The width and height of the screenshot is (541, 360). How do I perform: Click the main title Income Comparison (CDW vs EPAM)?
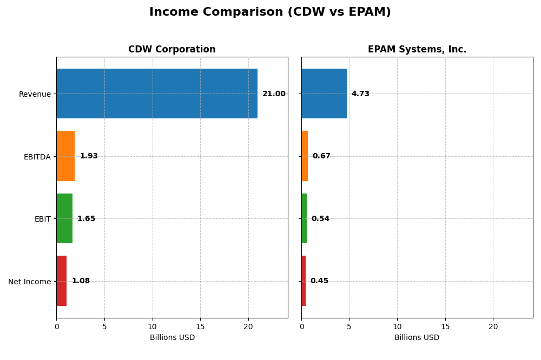click(x=270, y=12)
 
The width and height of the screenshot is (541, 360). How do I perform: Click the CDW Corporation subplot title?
click(x=171, y=49)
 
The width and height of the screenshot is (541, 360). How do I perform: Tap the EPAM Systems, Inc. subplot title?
click(x=417, y=49)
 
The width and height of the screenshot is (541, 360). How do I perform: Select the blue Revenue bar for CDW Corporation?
click(x=157, y=94)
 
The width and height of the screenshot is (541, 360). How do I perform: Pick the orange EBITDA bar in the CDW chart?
click(x=65, y=156)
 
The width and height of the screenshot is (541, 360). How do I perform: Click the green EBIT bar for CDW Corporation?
click(x=64, y=218)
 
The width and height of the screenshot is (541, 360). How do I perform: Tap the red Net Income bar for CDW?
click(x=62, y=281)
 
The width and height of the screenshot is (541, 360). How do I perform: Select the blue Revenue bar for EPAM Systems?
click(x=324, y=94)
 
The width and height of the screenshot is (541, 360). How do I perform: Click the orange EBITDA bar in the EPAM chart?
click(x=305, y=156)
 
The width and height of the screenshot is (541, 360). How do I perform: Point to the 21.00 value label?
click(x=274, y=94)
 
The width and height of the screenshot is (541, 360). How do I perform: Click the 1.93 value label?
click(x=89, y=156)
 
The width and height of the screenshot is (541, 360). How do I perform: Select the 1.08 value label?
click(x=81, y=281)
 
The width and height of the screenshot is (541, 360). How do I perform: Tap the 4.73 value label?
click(x=360, y=94)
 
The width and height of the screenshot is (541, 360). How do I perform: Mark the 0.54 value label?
click(x=320, y=219)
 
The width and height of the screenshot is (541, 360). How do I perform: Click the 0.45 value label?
click(x=319, y=281)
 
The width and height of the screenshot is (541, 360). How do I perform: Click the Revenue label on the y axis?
click(x=35, y=94)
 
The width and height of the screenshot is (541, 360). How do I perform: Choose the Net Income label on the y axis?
click(x=29, y=282)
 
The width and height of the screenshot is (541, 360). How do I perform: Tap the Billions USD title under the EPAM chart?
click(x=417, y=338)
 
